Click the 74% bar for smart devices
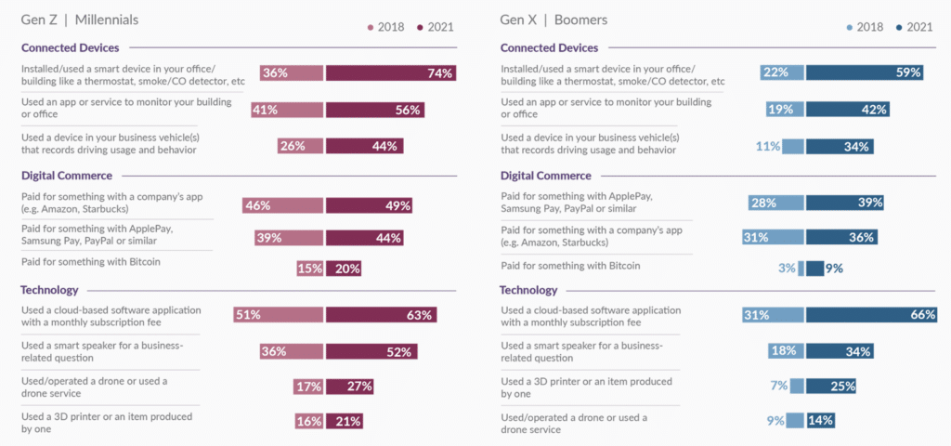pyautogui.click(x=390, y=73)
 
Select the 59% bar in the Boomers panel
pyautogui.click(x=864, y=72)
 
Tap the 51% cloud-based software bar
pyautogui.click(x=278, y=315)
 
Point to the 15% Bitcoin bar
pyautogui.click(x=309, y=269)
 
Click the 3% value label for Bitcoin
pyautogui.click(x=787, y=269)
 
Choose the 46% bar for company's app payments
pyautogui.click(x=282, y=205)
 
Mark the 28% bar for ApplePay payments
pyautogui.click(x=776, y=203)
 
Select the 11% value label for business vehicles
pyautogui.click(x=766, y=146)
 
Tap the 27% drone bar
pyautogui.click(x=349, y=386)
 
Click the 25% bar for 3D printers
pyautogui.click(x=830, y=386)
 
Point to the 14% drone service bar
pyautogui.click(x=820, y=420)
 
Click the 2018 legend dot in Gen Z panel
pyautogui.click(x=370, y=26)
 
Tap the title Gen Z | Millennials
pyautogui.click(x=80, y=20)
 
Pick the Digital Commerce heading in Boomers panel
pyautogui.click(x=545, y=176)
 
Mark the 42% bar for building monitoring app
pyautogui.click(x=848, y=110)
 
